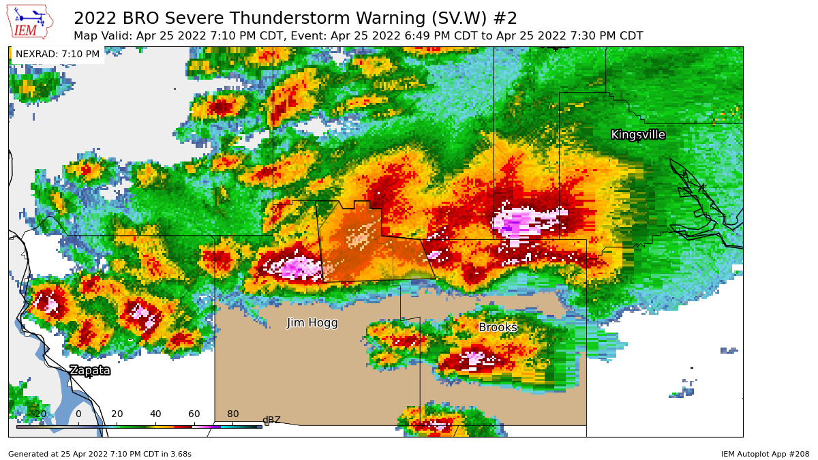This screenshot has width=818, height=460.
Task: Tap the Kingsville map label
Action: point(637,135)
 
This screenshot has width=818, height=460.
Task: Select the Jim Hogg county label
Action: point(312,323)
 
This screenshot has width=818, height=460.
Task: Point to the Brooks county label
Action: point(498,328)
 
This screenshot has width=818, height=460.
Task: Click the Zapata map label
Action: point(89,371)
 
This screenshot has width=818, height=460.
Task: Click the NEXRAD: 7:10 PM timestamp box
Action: point(57,55)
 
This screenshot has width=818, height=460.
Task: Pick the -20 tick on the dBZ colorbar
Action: point(40,414)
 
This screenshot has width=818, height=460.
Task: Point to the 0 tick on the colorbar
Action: point(78,414)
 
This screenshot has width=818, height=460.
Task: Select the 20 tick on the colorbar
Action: point(117,414)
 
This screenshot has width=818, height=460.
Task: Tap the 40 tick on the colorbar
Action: point(155,414)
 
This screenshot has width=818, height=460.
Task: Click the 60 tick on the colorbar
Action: point(194,414)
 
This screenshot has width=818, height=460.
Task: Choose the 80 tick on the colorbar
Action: point(232,414)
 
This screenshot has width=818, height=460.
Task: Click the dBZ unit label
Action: point(271,420)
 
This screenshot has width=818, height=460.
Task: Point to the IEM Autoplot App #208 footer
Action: point(765,454)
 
